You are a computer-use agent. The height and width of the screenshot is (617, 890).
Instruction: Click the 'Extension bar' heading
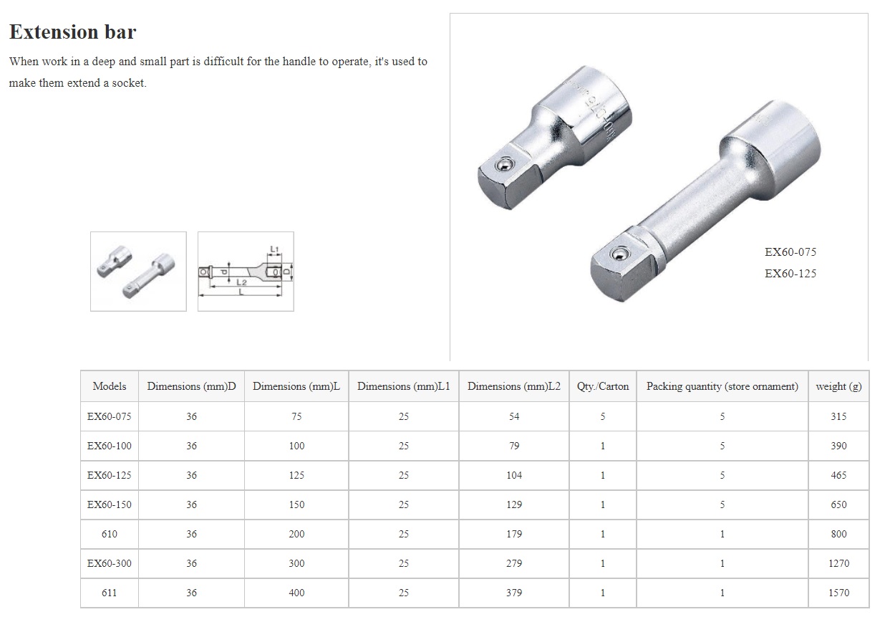tap(72, 32)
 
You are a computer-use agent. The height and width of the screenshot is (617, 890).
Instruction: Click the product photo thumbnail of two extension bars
tap(138, 271)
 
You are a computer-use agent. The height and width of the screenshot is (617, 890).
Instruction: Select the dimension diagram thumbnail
tap(246, 271)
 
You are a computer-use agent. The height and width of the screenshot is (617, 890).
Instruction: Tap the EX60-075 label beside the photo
tap(790, 252)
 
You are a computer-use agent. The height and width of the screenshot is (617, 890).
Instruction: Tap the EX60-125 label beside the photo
tap(790, 274)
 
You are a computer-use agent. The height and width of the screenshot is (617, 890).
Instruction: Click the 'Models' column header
tap(110, 386)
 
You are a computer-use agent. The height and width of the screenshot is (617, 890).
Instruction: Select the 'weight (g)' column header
tap(838, 386)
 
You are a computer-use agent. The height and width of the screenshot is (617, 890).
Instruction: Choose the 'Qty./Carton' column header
tap(603, 386)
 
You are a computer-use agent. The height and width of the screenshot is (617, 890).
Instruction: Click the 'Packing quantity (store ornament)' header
tap(722, 386)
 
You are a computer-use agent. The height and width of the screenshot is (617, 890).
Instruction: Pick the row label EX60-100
tap(110, 446)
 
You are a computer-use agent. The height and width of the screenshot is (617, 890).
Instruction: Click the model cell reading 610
tap(110, 534)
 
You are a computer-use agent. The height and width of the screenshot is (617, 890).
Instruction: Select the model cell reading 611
tap(110, 593)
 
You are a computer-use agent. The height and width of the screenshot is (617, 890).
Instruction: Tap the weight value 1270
tap(838, 563)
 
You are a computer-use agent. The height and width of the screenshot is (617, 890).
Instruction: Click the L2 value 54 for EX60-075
tap(513, 416)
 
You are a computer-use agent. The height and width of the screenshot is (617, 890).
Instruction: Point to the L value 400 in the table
tap(296, 593)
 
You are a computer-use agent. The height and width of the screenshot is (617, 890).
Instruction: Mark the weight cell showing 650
tap(838, 504)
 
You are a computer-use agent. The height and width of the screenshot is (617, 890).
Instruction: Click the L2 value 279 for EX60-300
tap(513, 563)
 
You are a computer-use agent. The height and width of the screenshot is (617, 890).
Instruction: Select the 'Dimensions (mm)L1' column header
tap(404, 386)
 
